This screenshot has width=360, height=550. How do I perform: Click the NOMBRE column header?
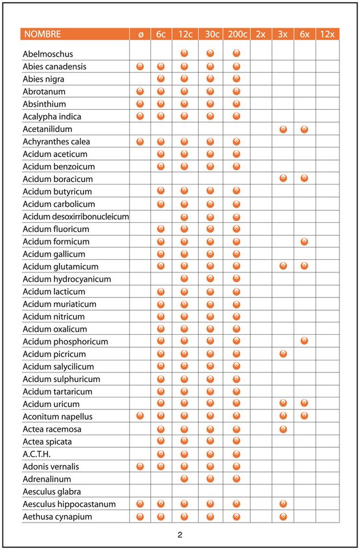pyautogui.click(x=42, y=34)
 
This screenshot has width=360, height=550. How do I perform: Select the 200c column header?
pyautogui.click(x=237, y=34)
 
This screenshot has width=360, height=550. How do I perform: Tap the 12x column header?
pyautogui.click(x=327, y=34)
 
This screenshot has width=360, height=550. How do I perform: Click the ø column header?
pyautogui.click(x=141, y=34)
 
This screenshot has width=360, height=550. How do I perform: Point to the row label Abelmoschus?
pyautogui.click(x=48, y=54)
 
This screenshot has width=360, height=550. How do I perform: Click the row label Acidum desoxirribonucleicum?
pyautogui.click(x=75, y=216)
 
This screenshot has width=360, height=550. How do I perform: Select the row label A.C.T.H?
pyautogui.click(x=37, y=454)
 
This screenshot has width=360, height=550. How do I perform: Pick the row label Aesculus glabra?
pyautogui.click(x=51, y=491)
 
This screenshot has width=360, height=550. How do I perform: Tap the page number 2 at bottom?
pyautogui.click(x=180, y=535)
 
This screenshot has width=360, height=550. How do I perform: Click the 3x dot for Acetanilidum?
pyautogui.click(x=283, y=129)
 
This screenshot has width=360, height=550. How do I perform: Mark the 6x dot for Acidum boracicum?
pyautogui.click(x=304, y=179)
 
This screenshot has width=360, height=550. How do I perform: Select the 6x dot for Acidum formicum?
pyautogui.click(x=304, y=242)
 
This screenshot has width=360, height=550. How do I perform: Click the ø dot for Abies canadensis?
pyautogui.click(x=141, y=66)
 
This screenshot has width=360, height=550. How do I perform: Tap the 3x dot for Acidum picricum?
pyautogui.click(x=283, y=354)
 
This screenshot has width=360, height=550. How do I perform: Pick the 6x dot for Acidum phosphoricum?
pyautogui.click(x=304, y=342)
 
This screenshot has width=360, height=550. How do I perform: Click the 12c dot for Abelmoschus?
pyautogui.click(x=185, y=54)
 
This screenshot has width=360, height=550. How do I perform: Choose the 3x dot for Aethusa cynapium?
pyautogui.click(x=283, y=517)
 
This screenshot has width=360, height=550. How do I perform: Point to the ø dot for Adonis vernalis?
pyautogui.click(x=141, y=467)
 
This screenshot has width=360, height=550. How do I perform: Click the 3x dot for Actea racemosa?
pyautogui.click(x=283, y=429)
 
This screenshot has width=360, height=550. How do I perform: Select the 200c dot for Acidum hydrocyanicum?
pyautogui.click(x=237, y=279)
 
